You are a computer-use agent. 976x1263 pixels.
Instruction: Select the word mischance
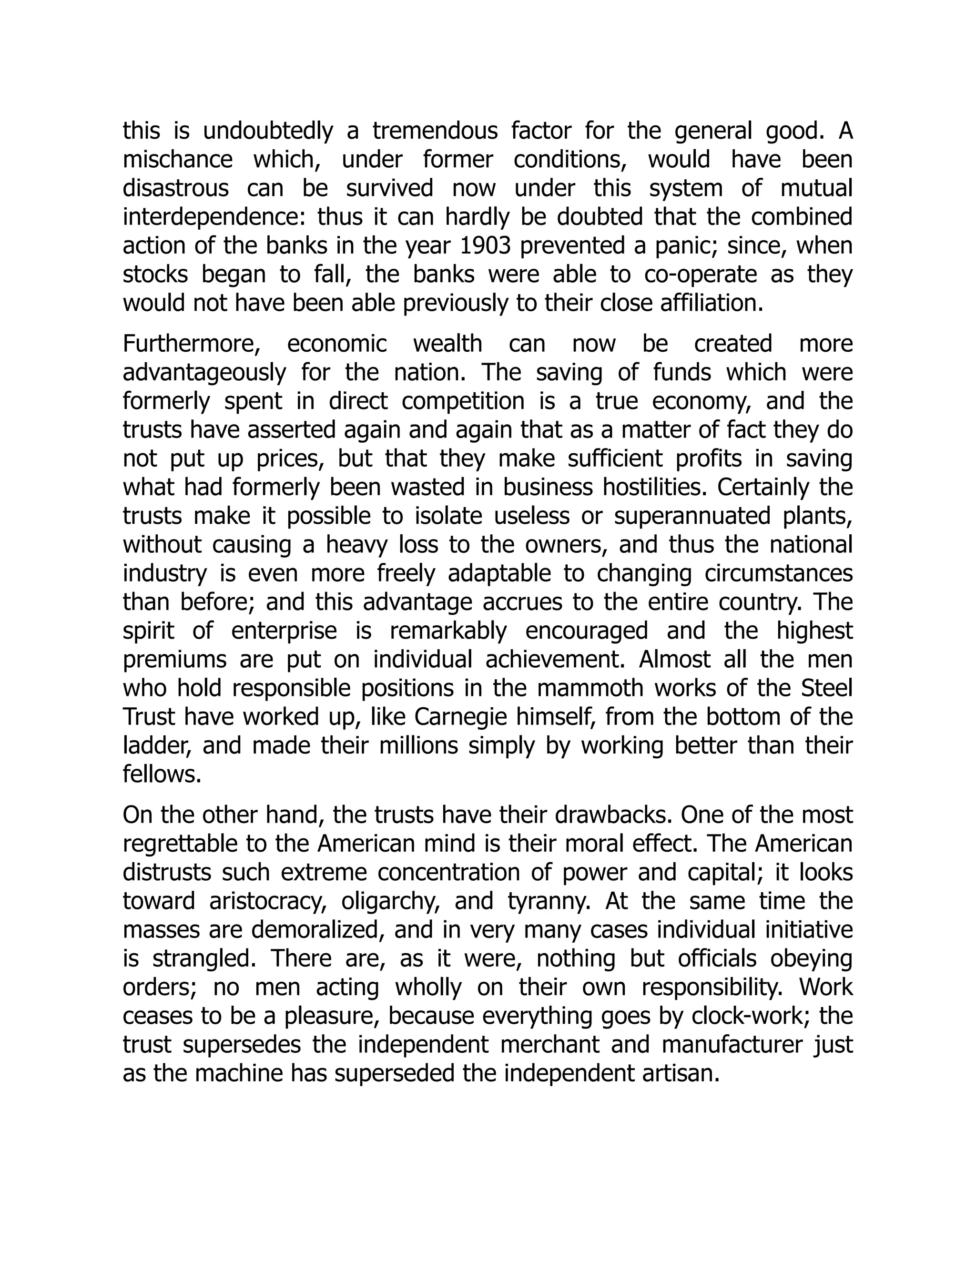pos(177,160)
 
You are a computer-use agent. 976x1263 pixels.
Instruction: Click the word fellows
pos(162,775)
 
